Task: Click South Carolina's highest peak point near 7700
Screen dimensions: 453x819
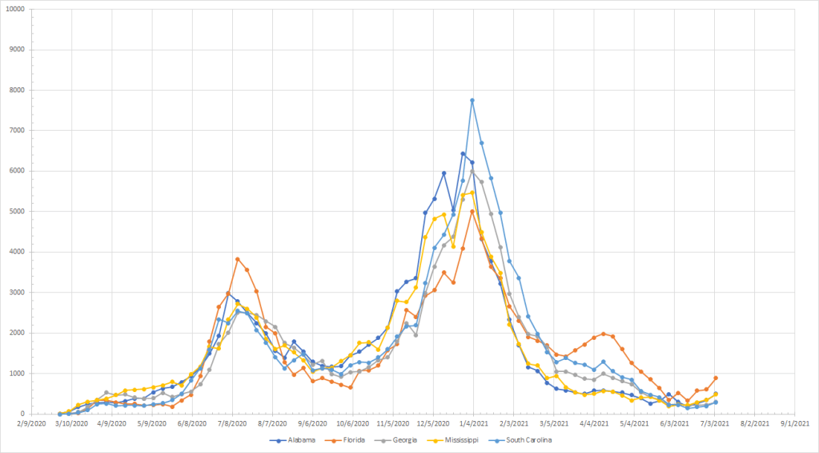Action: tap(472, 100)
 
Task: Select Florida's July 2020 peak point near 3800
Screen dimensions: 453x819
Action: tap(238, 259)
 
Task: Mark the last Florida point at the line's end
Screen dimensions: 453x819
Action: tap(716, 378)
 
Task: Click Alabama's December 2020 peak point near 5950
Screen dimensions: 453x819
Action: tap(444, 172)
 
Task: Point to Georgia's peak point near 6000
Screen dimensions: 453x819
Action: tap(472, 171)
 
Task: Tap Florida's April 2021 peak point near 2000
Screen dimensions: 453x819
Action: tap(603, 334)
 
